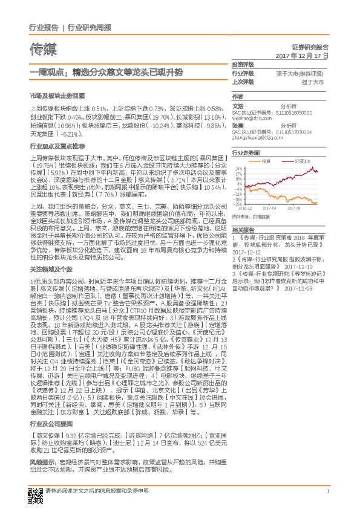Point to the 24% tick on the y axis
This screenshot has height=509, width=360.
pos(239,169)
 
